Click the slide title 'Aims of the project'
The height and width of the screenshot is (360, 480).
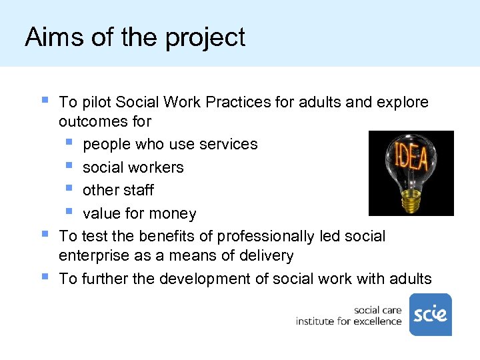135,37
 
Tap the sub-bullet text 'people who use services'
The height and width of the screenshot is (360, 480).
170,144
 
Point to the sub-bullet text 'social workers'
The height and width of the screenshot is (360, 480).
133,167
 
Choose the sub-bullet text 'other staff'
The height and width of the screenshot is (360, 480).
118,190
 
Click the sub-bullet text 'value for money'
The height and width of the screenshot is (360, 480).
139,213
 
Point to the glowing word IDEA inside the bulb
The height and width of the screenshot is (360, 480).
411,158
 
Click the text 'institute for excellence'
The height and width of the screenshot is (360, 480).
349,321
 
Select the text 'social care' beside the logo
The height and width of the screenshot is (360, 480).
377,310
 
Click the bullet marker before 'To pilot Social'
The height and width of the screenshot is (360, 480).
44,101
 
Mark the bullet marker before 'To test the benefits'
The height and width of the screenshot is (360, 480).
44,234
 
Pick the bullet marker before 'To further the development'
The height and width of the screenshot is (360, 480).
44,277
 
